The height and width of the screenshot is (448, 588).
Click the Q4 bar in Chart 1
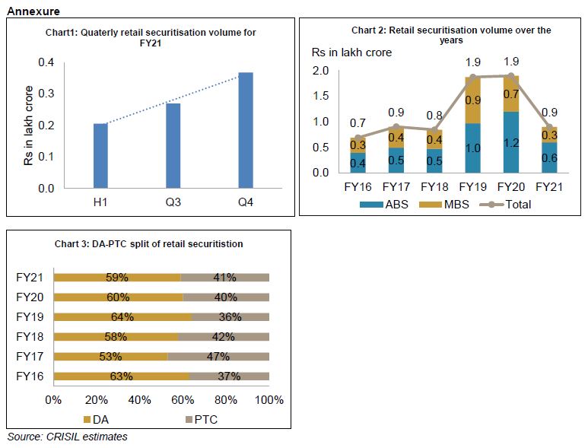246,129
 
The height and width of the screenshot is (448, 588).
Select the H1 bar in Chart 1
100,155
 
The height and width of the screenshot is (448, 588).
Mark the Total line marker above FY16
357,137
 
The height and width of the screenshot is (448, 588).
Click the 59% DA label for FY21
118,278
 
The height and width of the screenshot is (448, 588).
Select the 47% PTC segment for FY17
218,356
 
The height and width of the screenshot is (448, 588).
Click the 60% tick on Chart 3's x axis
183,400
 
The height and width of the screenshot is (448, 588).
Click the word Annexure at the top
32,11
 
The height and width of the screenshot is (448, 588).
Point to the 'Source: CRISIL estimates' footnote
67,437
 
